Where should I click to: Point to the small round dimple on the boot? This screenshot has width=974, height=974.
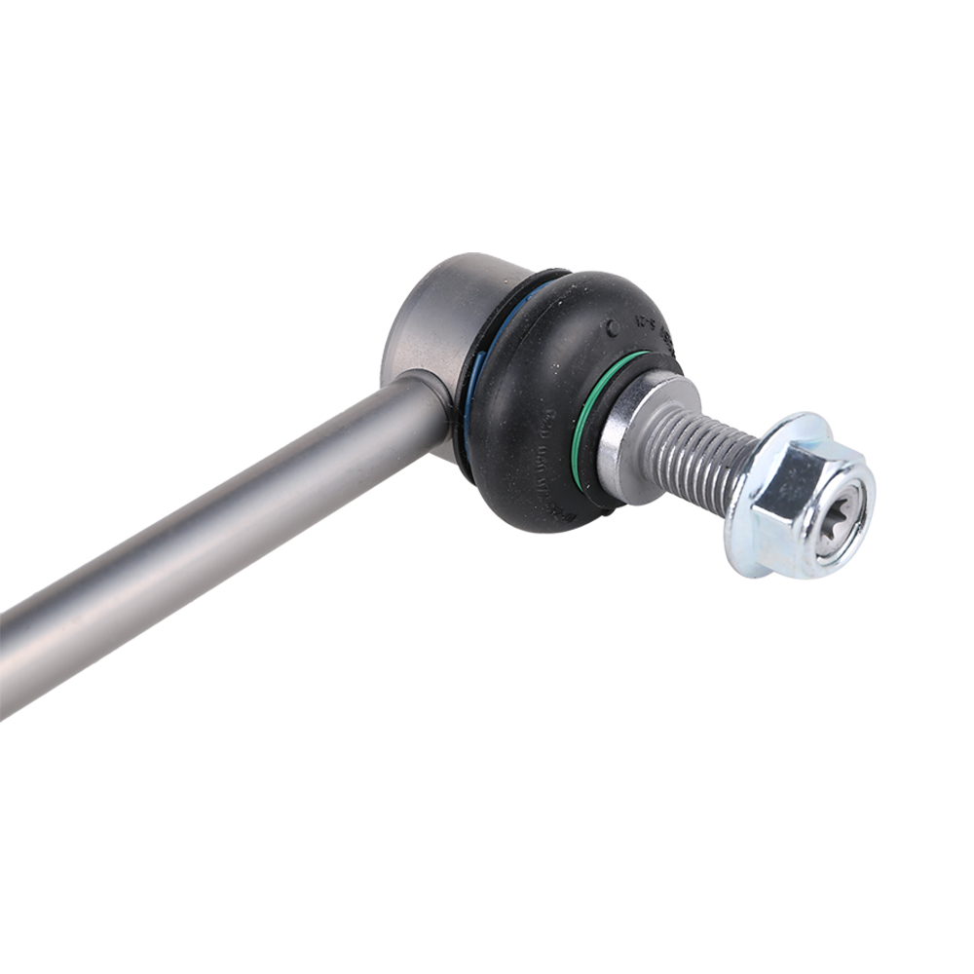[x=612, y=327]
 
